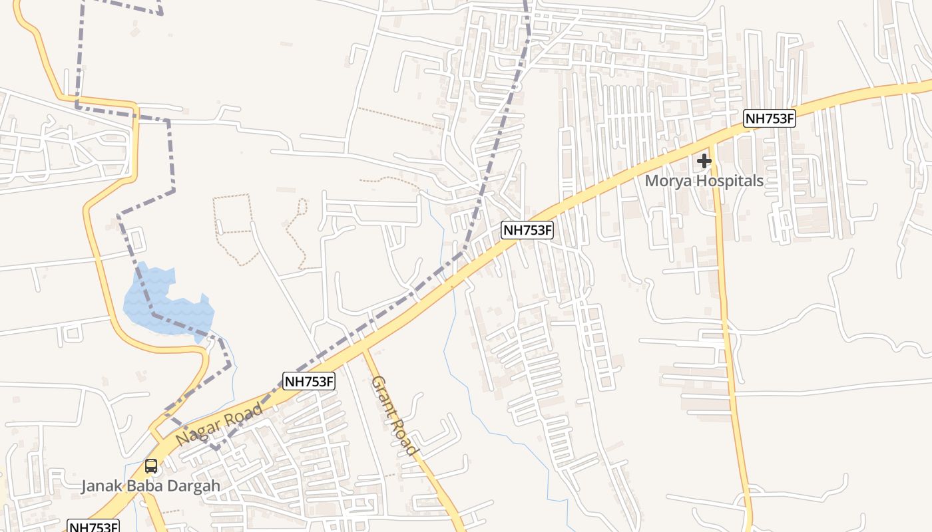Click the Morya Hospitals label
[x=704, y=181]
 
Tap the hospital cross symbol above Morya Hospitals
[x=704, y=161]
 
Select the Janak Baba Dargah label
[x=150, y=486]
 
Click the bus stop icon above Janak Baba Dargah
[x=151, y=466]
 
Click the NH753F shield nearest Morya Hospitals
[x=770, y=119]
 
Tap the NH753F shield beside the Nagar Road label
[x=309, y=382]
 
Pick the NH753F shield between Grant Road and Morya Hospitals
[x=527, y=231]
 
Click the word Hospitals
[x=729, y=181]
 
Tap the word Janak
[x=101, y=486]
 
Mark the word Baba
[x=142, y=486]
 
